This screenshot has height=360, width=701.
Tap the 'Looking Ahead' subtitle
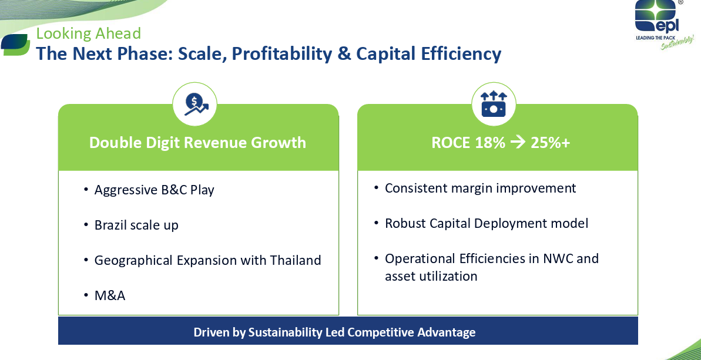89,33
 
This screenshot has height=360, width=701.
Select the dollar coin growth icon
194,105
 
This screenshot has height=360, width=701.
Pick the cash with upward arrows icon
494,104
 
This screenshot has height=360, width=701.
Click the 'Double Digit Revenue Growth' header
197,143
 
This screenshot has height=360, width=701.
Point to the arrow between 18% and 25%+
518,143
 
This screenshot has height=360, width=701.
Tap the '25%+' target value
551,143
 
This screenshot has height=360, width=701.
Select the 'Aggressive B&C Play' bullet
154,190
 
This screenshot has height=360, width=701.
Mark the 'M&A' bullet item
109,295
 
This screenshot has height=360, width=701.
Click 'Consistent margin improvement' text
481,188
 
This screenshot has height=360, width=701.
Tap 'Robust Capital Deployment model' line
487,223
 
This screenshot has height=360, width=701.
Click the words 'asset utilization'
431,276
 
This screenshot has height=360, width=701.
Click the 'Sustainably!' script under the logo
677,44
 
